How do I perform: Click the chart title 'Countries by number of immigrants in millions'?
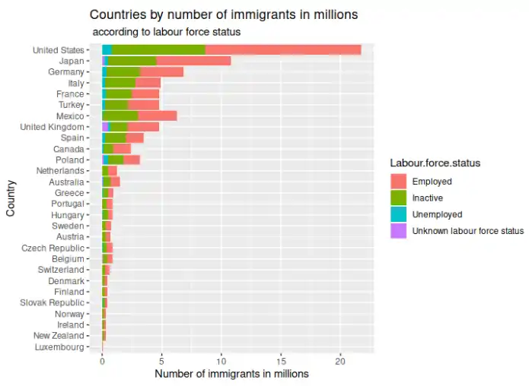pos(224,14)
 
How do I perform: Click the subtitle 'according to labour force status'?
pos(166,32)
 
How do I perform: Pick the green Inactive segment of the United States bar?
pos(158,50)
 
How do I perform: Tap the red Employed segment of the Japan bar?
pos(193,61)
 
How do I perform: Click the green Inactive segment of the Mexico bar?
pos(120,115)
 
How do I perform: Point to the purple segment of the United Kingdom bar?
pos(105,127)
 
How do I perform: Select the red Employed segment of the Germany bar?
pos(162,71)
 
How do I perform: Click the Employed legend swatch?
pos(398,182)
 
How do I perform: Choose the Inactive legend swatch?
pos(398,198)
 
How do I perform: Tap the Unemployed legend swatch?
pos(398,214)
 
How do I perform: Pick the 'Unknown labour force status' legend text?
pos(467,231)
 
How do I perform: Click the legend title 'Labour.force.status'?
pos(435,163)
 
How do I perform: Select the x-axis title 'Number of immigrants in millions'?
pos(231,374)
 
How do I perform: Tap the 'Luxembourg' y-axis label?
pos(59,347)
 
